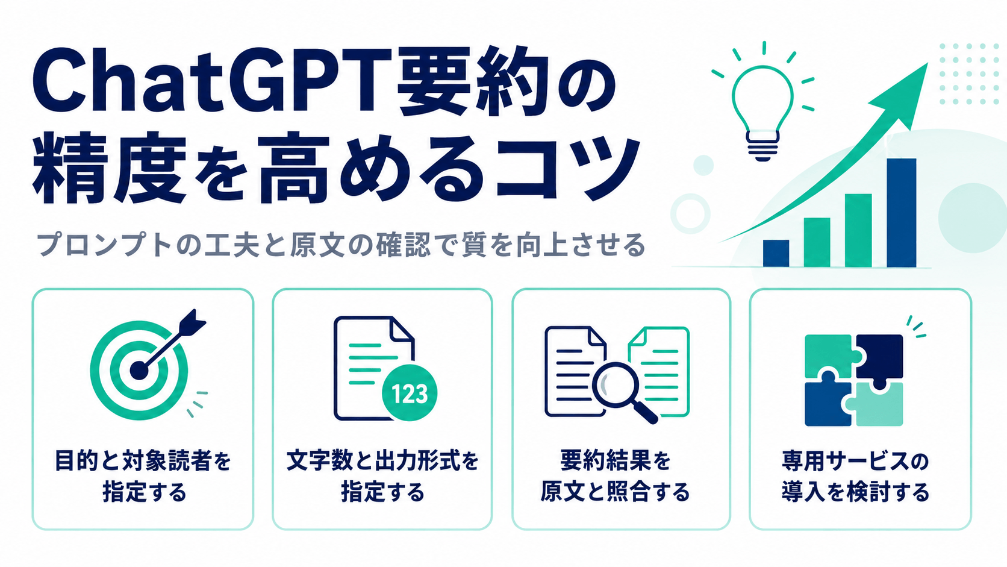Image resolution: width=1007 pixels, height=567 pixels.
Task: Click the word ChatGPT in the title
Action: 211,84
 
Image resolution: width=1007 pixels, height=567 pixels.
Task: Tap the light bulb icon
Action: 762,113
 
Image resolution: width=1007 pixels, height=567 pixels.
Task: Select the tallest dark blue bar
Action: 902,213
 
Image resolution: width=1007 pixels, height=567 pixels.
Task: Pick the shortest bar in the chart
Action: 776,254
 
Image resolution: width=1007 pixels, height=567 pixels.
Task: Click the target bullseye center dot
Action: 139,371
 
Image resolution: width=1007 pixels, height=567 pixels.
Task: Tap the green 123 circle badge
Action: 409,393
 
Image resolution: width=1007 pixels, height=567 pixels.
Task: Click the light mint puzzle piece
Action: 877,405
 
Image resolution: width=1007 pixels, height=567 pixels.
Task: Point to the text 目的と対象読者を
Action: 143,461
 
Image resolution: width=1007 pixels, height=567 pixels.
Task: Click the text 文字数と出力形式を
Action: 382,461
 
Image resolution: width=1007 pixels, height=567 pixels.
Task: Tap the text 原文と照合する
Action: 615,492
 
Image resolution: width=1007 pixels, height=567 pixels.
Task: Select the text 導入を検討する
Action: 855,492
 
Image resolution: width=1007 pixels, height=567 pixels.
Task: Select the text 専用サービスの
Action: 855,461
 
